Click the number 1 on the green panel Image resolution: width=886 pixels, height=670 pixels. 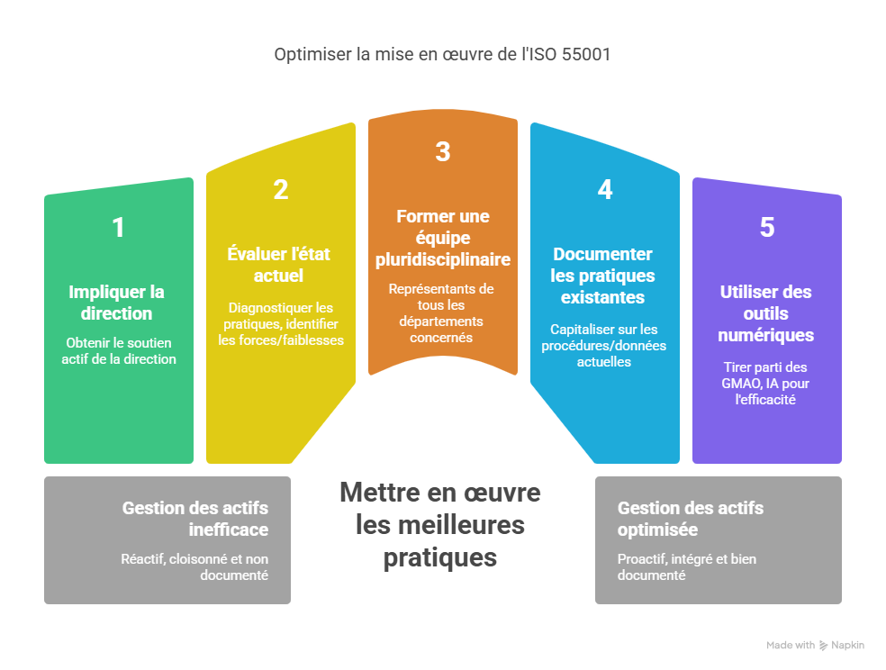coord(118,228)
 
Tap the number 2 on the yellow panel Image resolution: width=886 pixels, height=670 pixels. coord(281,190)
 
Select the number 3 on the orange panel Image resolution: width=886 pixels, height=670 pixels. coord(442,152)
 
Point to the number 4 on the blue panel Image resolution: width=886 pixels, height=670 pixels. coord(605,190)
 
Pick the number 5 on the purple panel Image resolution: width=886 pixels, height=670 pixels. coord(766,228)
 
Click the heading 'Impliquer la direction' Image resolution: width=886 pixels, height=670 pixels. coord(118,303)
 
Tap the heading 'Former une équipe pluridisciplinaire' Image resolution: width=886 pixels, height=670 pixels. coord(442,238)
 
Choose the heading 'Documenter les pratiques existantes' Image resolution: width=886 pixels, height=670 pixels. coord(603,276)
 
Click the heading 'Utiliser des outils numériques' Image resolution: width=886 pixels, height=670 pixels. coord(766,313)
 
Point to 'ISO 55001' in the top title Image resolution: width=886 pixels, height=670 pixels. coord(574,55)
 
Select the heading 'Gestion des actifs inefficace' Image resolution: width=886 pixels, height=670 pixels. coord(195,519)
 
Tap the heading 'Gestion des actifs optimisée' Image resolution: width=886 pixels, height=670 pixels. coord(691,519)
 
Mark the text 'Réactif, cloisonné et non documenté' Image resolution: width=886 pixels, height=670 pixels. coord(194,566)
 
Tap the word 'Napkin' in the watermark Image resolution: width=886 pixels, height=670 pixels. coord(847,646)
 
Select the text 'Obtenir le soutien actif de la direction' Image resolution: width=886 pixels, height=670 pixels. coord(119,350)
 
